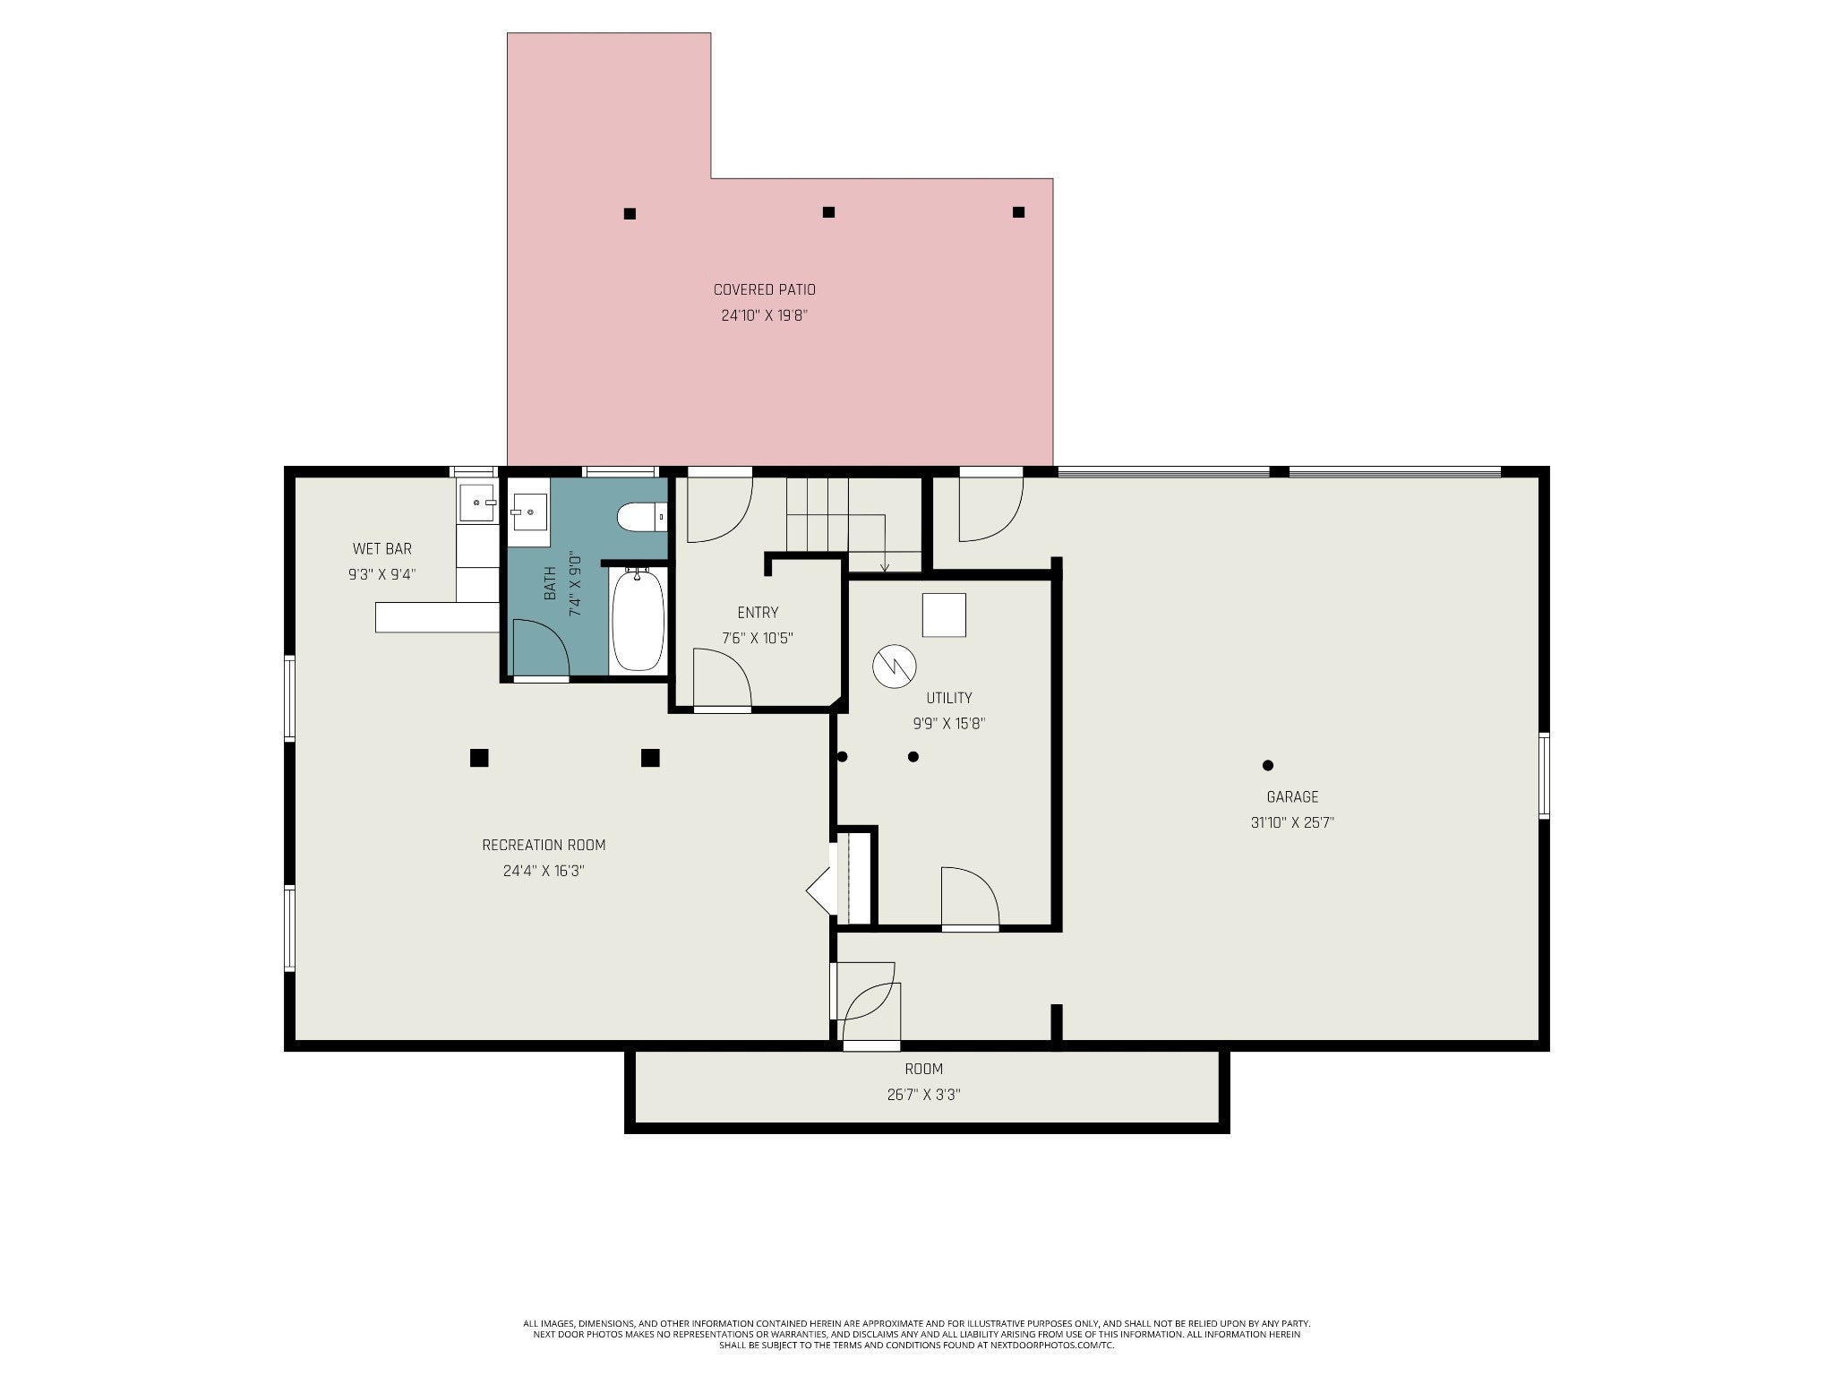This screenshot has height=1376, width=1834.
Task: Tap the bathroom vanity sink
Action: pos(528,512)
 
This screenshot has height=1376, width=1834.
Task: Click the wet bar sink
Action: pos(477,503)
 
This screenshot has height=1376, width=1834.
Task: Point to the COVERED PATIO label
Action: pos(764,290)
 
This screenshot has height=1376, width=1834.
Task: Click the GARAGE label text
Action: pos(1292,797)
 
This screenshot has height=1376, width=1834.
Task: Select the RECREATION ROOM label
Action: pos(544,845)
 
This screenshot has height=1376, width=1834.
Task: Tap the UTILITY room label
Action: pos(949,698)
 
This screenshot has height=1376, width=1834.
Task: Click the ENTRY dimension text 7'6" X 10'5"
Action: pos(758,639)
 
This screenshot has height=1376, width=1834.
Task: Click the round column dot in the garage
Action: pos(1268,765)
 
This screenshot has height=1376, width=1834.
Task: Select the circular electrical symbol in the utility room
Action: pos(896,666)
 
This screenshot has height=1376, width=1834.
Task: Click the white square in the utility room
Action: pos(944,615)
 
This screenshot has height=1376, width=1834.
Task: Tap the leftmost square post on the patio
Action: pos(630,213)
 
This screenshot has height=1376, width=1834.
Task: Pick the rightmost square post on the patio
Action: pos(1018,212)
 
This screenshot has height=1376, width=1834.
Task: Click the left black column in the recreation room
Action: pos(479,758)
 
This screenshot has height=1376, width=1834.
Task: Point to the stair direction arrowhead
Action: pos(885,567)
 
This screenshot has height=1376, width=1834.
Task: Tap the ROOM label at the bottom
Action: pos(923,1069)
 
